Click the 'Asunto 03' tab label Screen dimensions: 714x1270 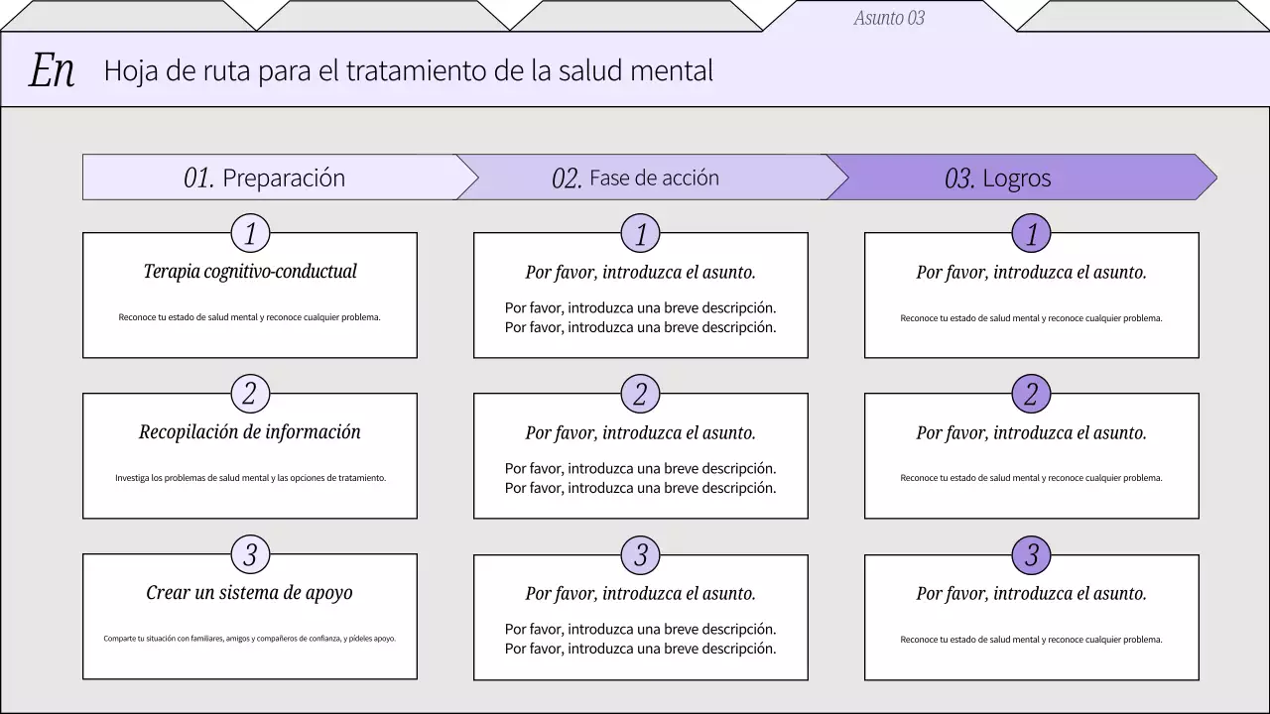889,18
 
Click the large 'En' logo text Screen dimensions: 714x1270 52,70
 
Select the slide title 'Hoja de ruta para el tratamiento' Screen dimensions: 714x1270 408,70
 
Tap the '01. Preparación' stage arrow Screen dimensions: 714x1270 266,178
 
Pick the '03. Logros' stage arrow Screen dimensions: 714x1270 999,178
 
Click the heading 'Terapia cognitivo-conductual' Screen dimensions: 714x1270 250,271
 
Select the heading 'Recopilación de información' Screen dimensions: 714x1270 250,431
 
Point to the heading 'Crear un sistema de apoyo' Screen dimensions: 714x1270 250,592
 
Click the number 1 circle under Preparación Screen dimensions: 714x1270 250,234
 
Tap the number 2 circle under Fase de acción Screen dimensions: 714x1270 641,395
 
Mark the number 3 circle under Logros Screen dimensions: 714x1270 1032,555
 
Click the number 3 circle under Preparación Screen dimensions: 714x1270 250,555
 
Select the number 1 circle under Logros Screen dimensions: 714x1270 1032,234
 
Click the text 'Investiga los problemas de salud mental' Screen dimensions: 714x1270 250,478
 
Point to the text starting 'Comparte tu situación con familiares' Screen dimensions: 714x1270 250,639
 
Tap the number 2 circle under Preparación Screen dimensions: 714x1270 250,395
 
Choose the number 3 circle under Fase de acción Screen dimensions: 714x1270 641,555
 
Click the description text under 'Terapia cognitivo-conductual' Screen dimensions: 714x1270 250,317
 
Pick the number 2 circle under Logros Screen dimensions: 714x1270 1032,395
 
